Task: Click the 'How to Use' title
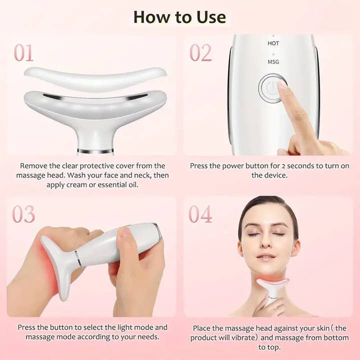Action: [x=179, y=16]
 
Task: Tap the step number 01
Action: [x=23, y=52]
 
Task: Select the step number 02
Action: [x=200, y=52]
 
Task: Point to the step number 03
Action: [x=23, y=213]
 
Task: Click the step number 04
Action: [x=200, y=213]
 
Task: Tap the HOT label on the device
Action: [x=273, y=43]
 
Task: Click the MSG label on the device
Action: [x=273, y=62]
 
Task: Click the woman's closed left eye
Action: [x=279, y=234]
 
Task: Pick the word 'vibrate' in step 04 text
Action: [x=237, y=337]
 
